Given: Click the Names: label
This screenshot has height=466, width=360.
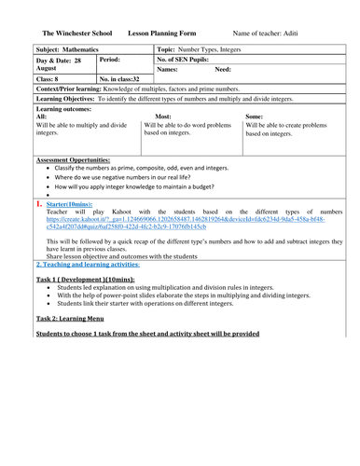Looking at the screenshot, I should pos(168,69).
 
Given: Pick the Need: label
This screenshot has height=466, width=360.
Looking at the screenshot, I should pos(224,69).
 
